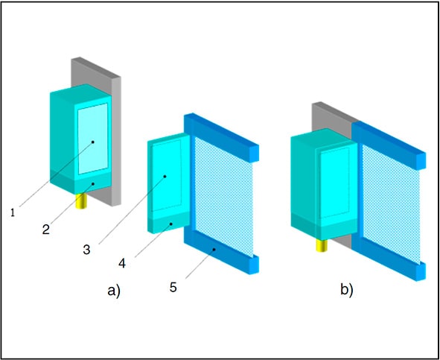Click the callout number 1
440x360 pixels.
coord(13,212)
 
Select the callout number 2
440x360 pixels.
coord(46,230)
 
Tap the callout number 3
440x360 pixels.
coord(86,249)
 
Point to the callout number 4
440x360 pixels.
coord(122,263)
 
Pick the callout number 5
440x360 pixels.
coord(173,287)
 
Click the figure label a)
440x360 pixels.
coord(114,290)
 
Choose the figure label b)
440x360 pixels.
coord(346,289)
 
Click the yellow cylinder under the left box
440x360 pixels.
coord(82,201)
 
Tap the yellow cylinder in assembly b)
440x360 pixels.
coord(322,245)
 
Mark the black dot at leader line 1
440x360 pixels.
coord(93,142)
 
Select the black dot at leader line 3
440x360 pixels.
coord(165,177)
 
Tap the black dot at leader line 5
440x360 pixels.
coord(214,249)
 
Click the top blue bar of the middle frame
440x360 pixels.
coord(221,138)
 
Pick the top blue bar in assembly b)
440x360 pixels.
coord(389,145)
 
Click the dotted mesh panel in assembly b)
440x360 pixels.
coord(391,204)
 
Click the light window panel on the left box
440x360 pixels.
coord(93,139)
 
